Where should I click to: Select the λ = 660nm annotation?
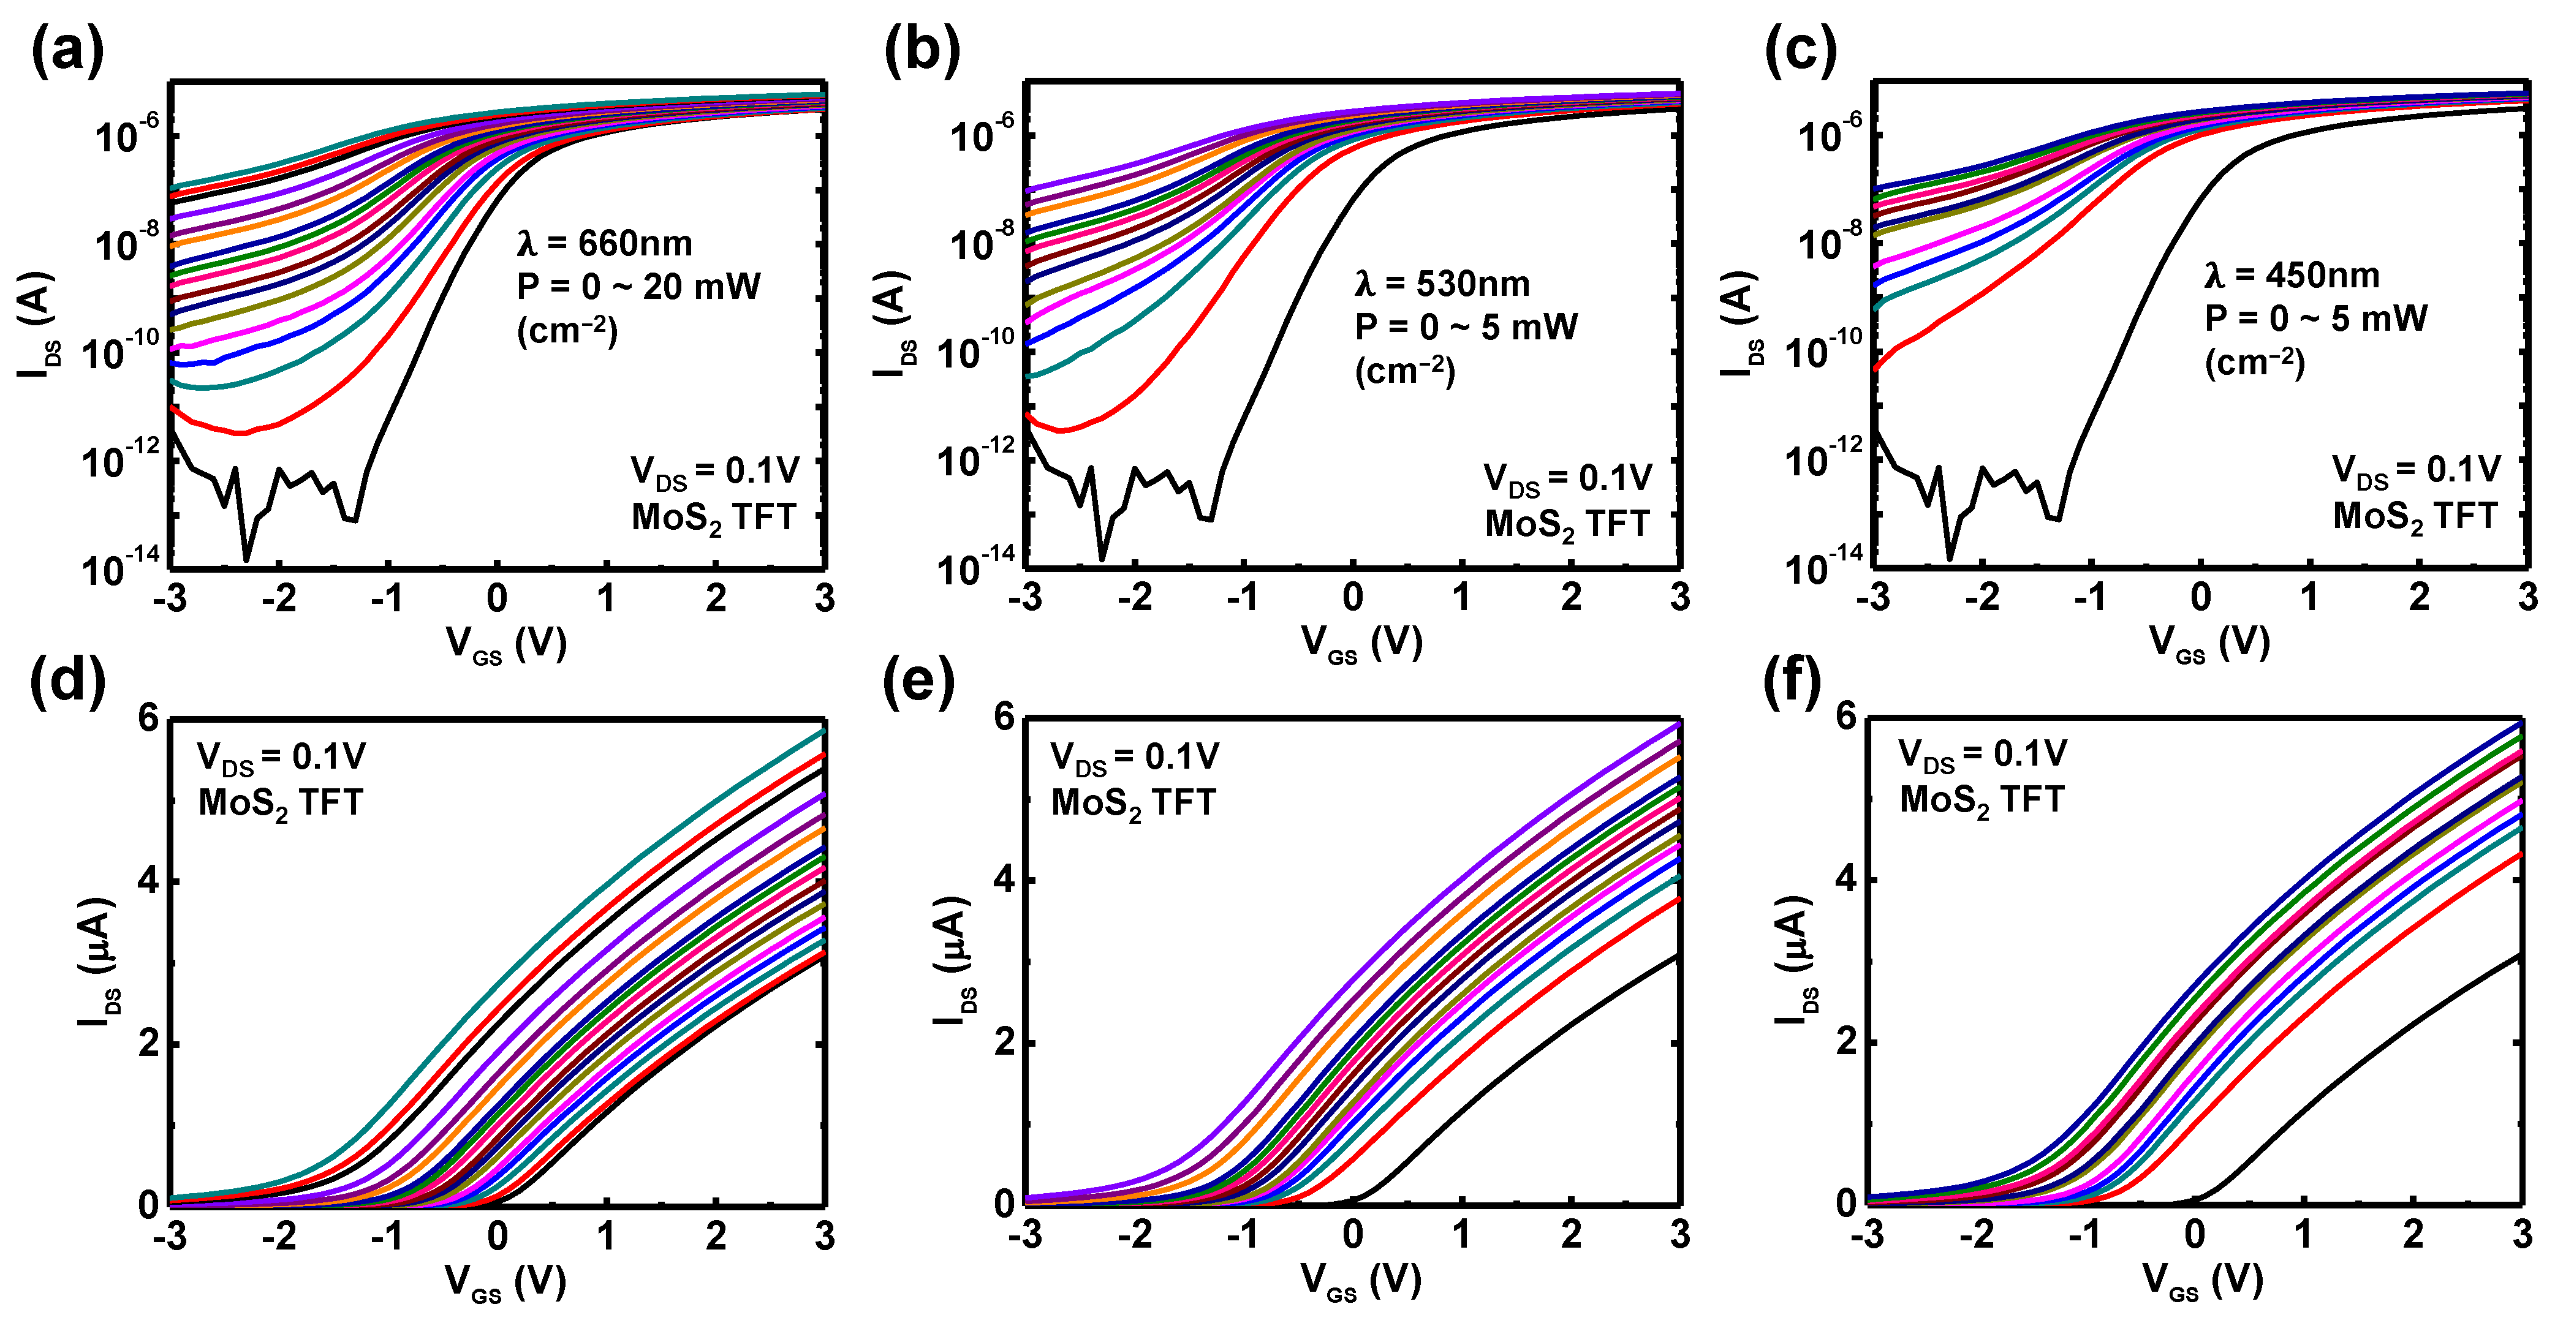coord(604,243)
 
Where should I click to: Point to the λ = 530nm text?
coord(1442,285)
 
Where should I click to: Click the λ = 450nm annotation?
coord(2291,275)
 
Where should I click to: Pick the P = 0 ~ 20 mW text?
coord(638,287)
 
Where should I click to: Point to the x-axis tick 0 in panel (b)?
coord(1353,597)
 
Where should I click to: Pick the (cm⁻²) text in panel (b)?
coord(1404,371)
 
